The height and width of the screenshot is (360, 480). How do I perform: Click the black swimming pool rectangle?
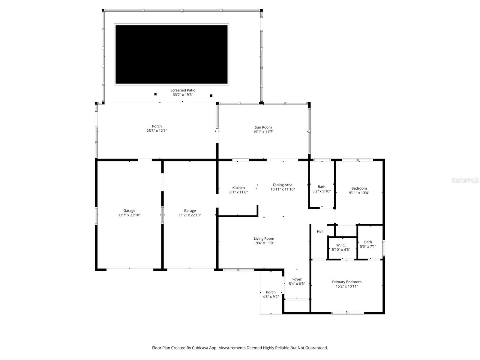171,54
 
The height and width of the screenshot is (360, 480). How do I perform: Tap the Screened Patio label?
183,90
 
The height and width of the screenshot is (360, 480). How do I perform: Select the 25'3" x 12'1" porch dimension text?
157,131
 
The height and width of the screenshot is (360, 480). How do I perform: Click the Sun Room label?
263,127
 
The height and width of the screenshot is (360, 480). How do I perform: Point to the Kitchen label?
238,187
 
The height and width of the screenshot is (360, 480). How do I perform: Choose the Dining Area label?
282,185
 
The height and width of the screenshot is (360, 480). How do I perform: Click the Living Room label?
264,238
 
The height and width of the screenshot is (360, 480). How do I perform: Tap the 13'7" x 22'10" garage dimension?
129,215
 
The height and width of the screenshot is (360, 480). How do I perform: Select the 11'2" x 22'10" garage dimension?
190,215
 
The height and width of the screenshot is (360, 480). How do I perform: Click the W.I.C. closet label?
341,245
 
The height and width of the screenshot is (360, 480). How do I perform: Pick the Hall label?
320,231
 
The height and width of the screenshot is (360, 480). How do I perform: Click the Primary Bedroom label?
346,282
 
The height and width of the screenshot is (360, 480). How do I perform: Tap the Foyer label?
297,279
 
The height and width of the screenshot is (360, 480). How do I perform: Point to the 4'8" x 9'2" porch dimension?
271,297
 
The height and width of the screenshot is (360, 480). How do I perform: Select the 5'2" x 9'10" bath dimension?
321,191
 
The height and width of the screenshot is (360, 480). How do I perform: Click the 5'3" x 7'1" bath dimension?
368,247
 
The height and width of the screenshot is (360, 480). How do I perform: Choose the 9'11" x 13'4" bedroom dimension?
359,193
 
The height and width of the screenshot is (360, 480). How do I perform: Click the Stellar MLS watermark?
465,180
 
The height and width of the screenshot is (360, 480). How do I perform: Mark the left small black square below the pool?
155,94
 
